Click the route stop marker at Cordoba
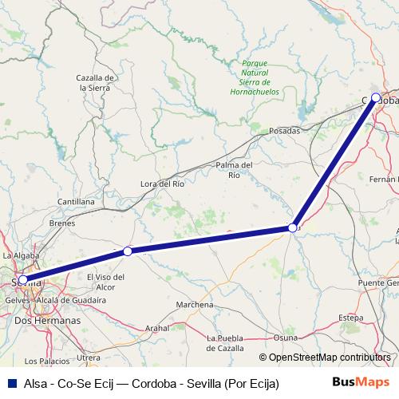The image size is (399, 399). point(376,98)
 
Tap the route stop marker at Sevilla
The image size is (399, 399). point(23,280)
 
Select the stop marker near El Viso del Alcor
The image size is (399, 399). point(128,251)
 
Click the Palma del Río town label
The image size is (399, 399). point(235,169)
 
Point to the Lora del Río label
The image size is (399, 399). point(162,184)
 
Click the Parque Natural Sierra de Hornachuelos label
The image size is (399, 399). point(255,73)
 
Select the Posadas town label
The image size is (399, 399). point(285,130)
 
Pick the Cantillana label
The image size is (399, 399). point(77,203)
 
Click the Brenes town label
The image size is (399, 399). point(62,223)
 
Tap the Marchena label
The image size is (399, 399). point(195,305)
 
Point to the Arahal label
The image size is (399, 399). point(158,327)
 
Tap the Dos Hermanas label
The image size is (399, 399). point(48,319)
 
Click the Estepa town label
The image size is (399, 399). point(351,318)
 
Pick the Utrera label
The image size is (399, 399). point(88,358)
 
